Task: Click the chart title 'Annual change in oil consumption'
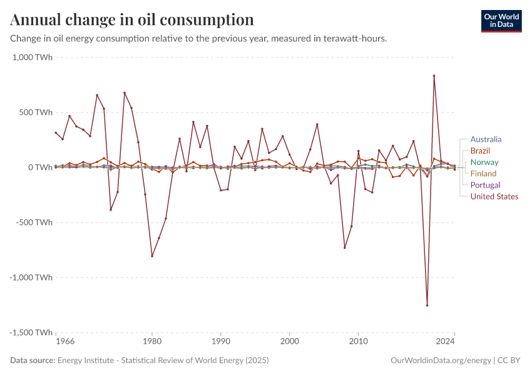point(132,20)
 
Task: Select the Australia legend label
point(486,140)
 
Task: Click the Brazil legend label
point(479,151)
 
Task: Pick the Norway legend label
point(484,162)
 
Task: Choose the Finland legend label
point(483,174)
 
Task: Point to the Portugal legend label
point(485,185)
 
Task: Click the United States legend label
point(494,196)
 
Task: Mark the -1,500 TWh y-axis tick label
point(31,332)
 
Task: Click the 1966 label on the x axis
point(65,342)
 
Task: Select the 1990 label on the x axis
point(220,342)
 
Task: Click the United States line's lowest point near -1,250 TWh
point(427,305)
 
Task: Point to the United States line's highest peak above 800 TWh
point(434,76)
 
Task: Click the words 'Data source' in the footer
point(33,361)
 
